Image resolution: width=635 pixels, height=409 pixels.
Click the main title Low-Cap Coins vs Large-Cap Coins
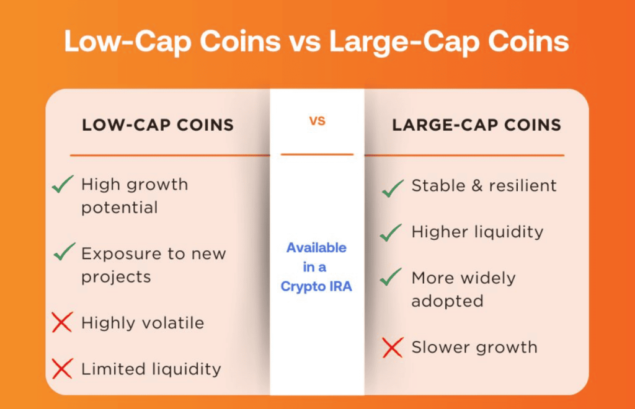pos(316,42)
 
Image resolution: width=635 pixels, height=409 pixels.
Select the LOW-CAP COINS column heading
pos(158,125)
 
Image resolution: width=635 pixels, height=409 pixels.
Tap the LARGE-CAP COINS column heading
pos(476,125)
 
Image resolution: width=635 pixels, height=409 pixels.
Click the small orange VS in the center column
pos(317,121)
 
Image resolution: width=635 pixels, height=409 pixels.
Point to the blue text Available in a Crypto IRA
pos(316,267)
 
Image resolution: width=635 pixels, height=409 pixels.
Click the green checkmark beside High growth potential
pos(63,184)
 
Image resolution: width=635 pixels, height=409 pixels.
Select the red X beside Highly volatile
pos(62,322)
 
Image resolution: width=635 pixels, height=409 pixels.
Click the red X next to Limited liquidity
pos(62,369)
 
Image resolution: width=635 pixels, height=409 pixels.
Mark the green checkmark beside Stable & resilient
pos(392,188)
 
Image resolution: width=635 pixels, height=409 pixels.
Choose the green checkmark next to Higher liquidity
pos(391,233)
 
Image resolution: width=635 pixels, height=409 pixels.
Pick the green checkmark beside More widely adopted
pos(391,278)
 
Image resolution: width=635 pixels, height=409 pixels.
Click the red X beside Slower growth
pos(392,348)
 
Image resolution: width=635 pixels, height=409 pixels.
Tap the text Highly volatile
pos(143,323)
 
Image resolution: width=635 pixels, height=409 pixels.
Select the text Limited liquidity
pos(151,369)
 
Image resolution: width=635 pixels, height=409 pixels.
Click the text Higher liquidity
pos(477,232)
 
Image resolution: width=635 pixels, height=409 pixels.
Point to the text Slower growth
pos(474,347)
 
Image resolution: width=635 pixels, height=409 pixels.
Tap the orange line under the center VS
pos(317,154)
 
